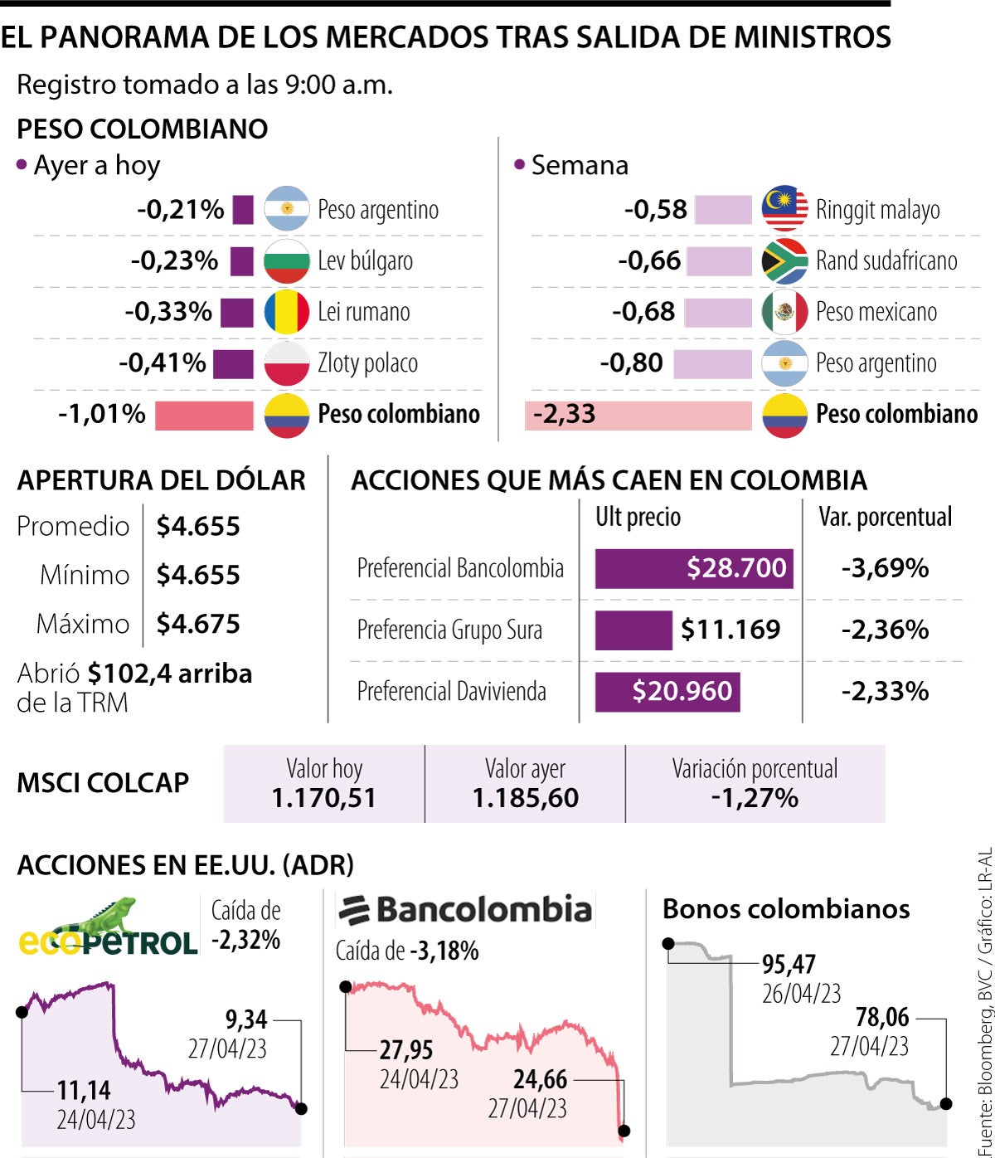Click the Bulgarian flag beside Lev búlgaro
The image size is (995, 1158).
coord(286,260)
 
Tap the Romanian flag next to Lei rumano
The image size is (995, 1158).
coord(286,312)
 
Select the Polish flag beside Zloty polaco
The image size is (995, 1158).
coord(286,363)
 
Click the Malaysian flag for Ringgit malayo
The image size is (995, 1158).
coord(784,209)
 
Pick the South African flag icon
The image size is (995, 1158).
coord(784,260)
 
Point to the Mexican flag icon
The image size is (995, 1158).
coord(784,312)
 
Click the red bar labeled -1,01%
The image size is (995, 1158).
coord(204,415)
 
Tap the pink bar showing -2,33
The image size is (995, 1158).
coord(638,415)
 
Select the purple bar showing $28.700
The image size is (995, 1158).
coord(694,568)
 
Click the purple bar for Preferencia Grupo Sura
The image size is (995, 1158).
coord(633,630)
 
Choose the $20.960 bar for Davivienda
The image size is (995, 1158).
coord(667,692)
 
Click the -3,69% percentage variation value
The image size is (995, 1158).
coord(885,568)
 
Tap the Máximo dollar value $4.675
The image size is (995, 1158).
coord(198,624)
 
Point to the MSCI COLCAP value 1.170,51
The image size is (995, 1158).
coord(324,798)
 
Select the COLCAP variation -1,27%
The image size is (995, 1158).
coord(755,798)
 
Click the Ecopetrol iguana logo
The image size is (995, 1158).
coord(108,927)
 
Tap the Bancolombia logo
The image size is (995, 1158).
coord(465,911)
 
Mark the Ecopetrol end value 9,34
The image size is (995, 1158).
coord(246,1019)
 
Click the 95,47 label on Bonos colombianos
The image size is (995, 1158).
coord(789,965)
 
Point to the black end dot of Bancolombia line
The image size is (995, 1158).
coord(624,1131)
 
